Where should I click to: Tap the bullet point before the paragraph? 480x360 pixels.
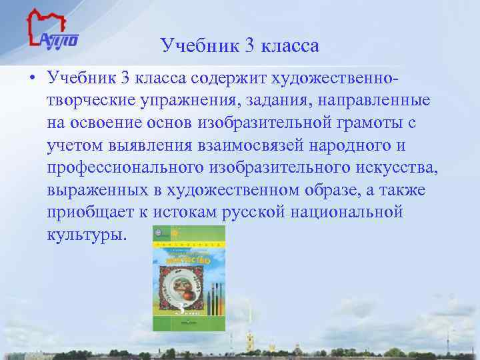[x=31, y=79]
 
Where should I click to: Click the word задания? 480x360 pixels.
[x=297, y=101]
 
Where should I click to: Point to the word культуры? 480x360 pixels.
[x=85, y=235]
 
